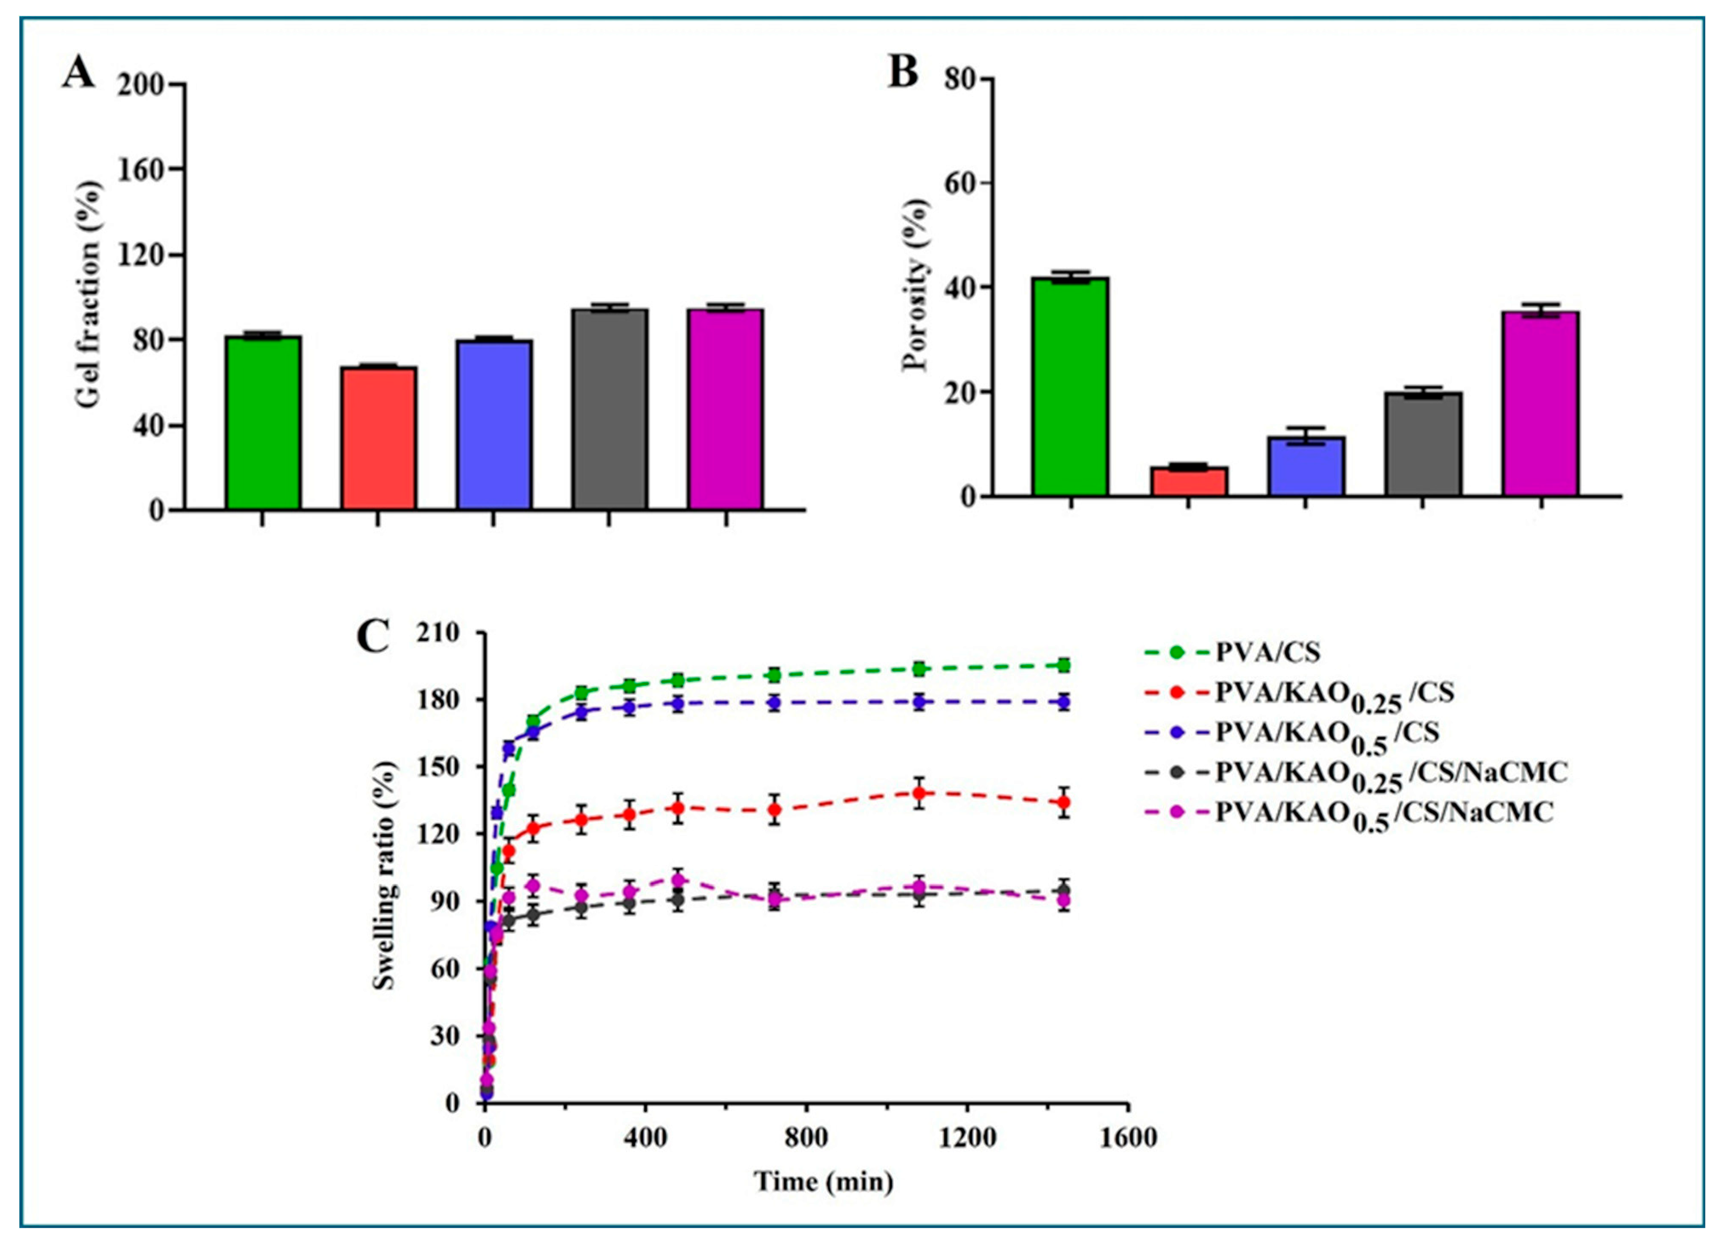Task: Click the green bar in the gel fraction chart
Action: [x=263, y=422]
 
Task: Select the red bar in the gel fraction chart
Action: [x=378, y=438]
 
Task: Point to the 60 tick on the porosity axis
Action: [x=959, y=184]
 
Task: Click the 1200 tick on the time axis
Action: [x=966, y=1138]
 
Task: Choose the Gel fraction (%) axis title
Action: [x=89, y=295]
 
